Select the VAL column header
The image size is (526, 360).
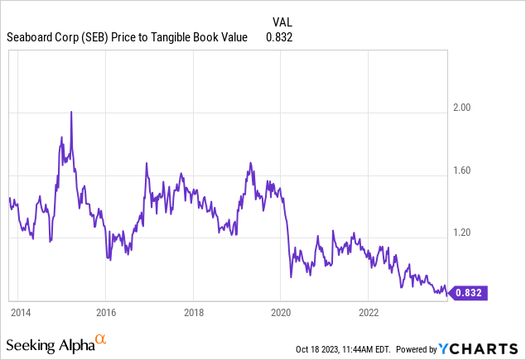282,22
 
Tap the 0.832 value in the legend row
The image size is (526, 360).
279,37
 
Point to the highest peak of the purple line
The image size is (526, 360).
71,112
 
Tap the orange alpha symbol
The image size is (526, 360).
101,339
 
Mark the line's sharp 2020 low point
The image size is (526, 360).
291,277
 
